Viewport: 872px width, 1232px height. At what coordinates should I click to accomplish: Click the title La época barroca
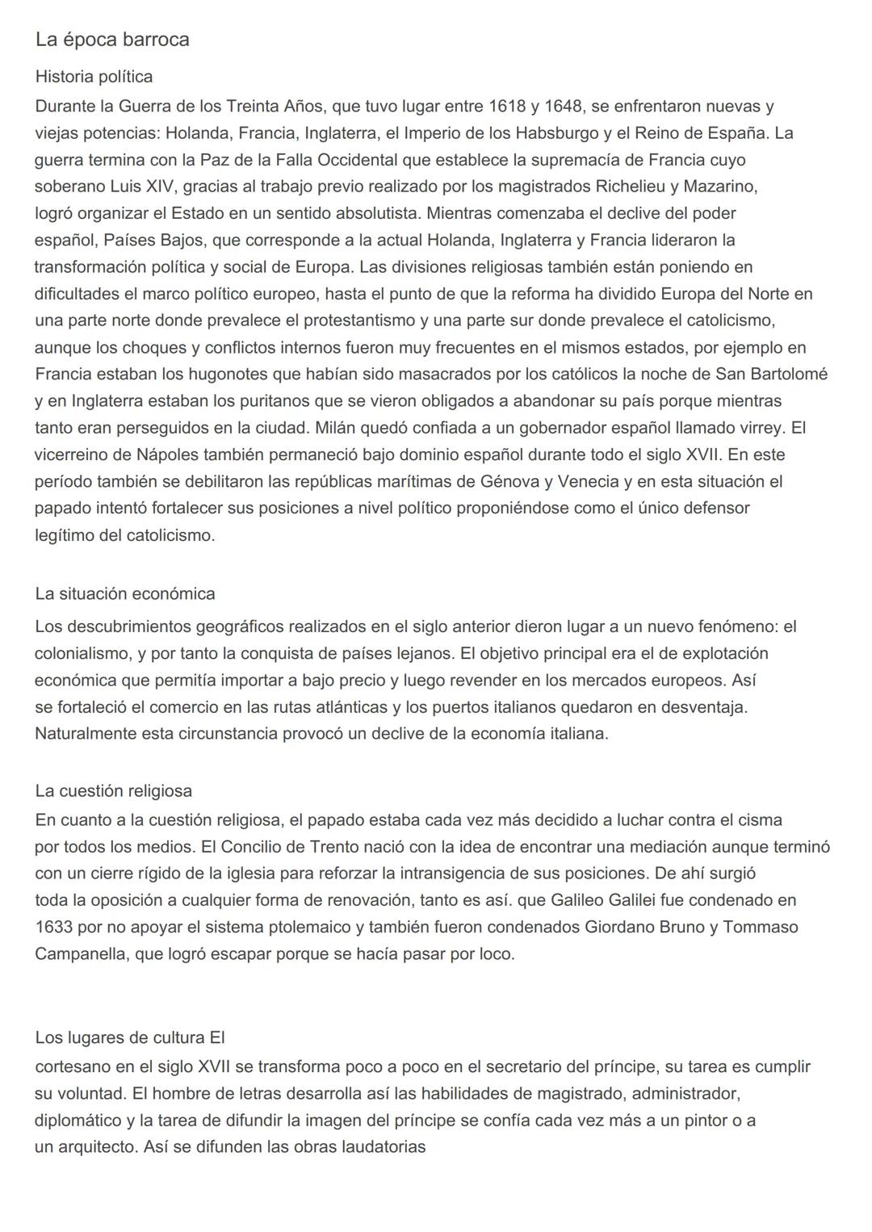pyautogui.click(x=112, y=40)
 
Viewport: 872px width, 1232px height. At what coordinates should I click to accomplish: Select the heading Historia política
pyautogui.click(x=94, y=77)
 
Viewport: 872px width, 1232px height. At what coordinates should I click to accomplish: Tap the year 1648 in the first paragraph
pyautogui.click(x=564, y=106)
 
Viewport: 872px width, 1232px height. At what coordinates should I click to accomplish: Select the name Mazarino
pyautogui.click(x=720, y=186)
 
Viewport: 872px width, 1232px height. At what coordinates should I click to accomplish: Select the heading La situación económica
pyautogui.click(x=125, y=594)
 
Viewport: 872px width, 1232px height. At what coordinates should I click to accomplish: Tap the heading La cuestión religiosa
pyautogui.click(x=113, y=790)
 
